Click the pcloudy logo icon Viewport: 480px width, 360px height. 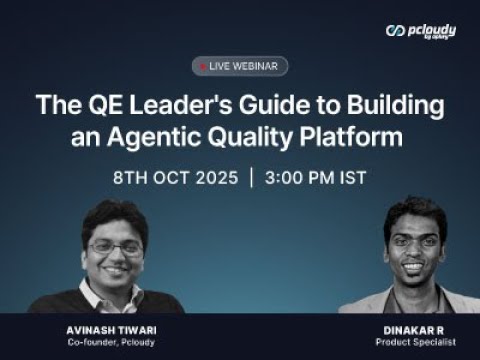(x=395, y=31)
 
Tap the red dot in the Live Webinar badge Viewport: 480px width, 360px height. (x=203, y=67)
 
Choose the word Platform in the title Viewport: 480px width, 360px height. (x=351, y=137)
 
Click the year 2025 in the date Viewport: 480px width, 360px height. (x=217, y=177)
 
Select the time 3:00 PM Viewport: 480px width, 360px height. (x=300, y=177)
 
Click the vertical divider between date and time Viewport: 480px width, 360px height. (x=252, y=178)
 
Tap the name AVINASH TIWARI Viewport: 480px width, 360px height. (x=111, y=330)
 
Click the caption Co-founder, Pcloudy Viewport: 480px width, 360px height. (x=111, y=342)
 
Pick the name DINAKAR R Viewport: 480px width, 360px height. (x=414, y=330)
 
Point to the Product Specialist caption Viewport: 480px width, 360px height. (x=416, y=342)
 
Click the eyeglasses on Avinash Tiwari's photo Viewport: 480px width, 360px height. (x=115, y=248)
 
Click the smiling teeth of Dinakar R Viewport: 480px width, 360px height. (x=413, y=267)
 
